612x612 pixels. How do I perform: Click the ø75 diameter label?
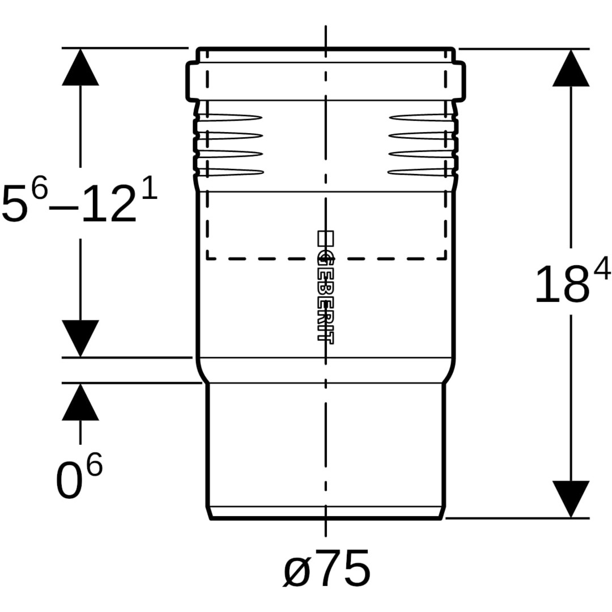(x=327, y=568)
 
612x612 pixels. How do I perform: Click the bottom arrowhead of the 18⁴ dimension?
(x=571, y=499)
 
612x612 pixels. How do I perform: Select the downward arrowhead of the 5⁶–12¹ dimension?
(x=80, y=338)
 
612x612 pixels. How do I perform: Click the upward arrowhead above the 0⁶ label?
(x=80, y=402)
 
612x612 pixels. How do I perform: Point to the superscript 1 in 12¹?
(x=149, y=189)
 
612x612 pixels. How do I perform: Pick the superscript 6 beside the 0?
(x=94, y=466)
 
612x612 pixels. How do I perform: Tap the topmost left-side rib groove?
(x=229, y=118)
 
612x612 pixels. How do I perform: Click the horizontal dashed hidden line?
(x=326, y=259)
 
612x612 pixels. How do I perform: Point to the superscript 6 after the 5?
(x=39, y=189)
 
